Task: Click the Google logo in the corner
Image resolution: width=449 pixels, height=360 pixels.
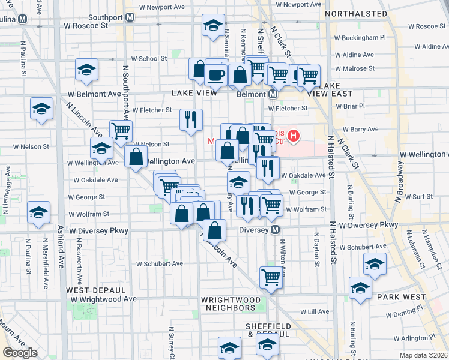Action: pos(20,353)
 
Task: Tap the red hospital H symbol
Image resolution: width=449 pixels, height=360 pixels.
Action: pos(294,136)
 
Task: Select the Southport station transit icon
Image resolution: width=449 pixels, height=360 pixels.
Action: pos(130,17)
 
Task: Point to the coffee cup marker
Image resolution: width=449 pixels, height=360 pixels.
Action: pos(215,75)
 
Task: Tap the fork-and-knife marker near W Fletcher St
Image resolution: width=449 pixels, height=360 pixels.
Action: pos(191,119)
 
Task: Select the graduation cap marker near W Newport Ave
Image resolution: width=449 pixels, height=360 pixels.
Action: pos(212,26)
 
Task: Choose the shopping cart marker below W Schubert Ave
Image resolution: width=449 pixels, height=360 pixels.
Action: pos(271,277)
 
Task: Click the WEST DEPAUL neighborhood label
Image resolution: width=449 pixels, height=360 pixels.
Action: pos(89,290)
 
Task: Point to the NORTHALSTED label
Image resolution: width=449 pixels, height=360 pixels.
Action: pos(355,13)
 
